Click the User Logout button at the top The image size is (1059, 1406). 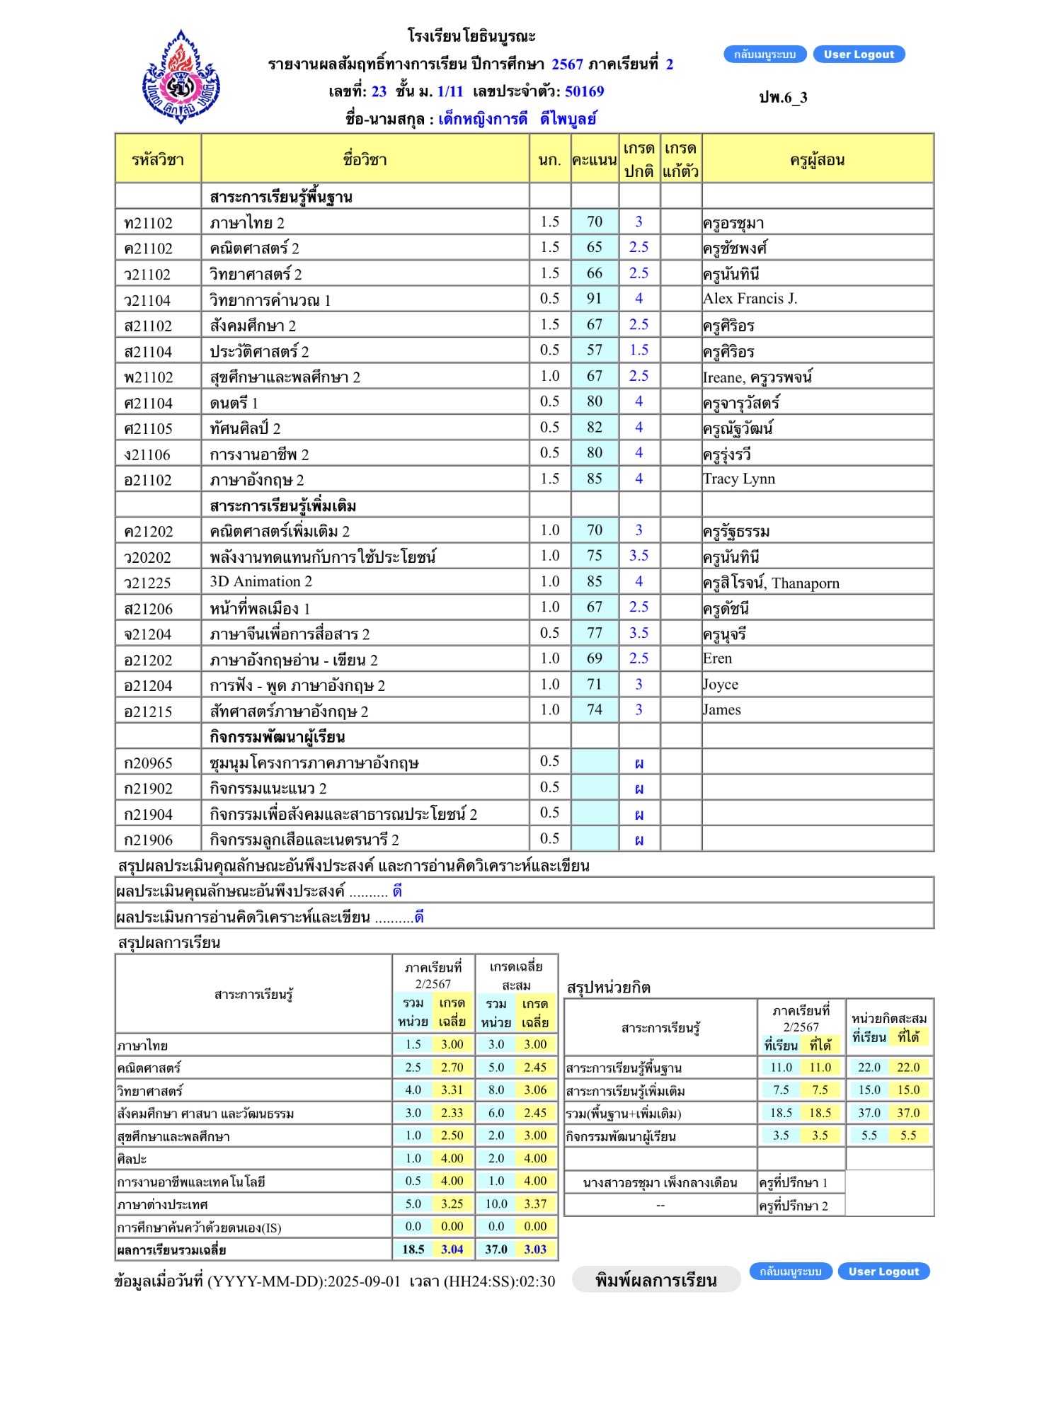[859, 55]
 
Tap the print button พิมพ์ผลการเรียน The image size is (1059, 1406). [656, 1280]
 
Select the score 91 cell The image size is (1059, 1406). [595, 299]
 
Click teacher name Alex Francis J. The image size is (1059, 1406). [750, 299]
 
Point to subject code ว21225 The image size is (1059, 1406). [147, 583]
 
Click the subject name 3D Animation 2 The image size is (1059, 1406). [261, 582]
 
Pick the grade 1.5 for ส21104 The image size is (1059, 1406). [639, 350]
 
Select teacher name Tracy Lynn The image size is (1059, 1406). [739, 479]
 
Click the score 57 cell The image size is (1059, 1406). [595, 350]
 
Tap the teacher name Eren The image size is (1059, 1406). [717, 658]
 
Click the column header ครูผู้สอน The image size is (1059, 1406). [817, 160]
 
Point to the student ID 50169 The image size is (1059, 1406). [584, 91]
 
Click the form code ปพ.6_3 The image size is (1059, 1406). [783, 98]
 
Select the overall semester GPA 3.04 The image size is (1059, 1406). [452, 1250]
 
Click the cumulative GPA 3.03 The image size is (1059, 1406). [535, 1250]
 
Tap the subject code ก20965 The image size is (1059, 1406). [148, 763]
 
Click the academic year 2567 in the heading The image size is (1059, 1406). [567, 64]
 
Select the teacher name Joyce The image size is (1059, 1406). [721, 685]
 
